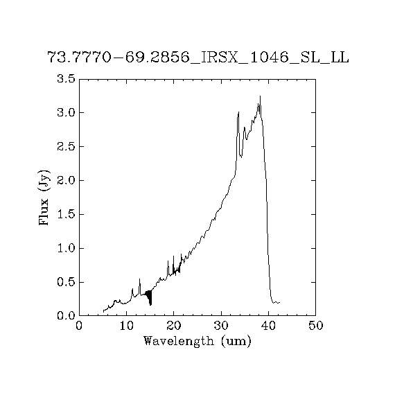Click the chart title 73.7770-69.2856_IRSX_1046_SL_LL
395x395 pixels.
point(198,58)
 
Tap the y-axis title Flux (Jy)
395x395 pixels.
point(44,197)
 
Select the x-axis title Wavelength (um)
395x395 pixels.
point(197,342)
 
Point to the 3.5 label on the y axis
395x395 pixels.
point(67,78)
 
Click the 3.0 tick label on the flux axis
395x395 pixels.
point(67,112)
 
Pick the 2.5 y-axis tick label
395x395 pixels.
point(67,146)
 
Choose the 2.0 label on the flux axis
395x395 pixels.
point(67,180)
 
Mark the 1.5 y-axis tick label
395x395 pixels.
point(67,214)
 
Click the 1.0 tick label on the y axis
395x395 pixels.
point(67,248)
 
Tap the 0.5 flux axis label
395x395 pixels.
point(67,283)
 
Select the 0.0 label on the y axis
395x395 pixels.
point(67,315)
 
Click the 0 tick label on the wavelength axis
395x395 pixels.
point(79,326)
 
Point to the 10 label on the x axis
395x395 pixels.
point(126,326)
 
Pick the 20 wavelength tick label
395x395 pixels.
point(174,326)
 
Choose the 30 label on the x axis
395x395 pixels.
point(221,326)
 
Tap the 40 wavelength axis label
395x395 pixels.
point(268,326)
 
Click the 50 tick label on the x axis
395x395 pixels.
point(315,326)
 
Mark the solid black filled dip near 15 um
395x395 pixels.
point(149,297)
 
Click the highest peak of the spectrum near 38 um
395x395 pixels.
point(261,96)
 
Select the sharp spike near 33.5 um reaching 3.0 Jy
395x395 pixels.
point(238,112)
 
